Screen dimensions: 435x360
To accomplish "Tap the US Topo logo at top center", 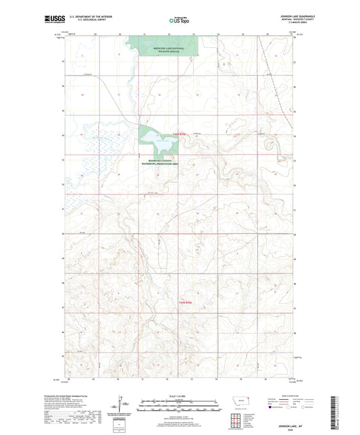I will point(179,20).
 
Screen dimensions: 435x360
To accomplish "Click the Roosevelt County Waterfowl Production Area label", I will point(159,162).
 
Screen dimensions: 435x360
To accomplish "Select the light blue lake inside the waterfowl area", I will point(165,145).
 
